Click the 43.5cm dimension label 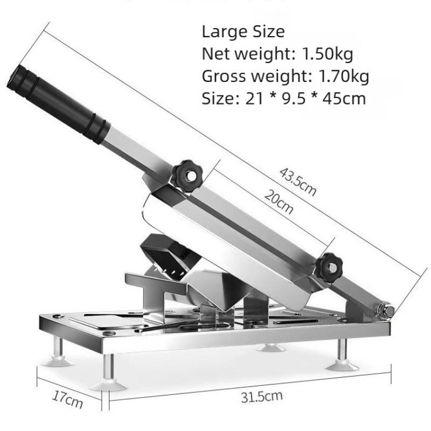pos(298,182)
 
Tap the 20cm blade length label pos(279,201)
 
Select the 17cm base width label pos(67,399)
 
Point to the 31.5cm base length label pos(262,397)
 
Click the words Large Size pos(244,31)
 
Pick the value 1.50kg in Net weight pos(328,54)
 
